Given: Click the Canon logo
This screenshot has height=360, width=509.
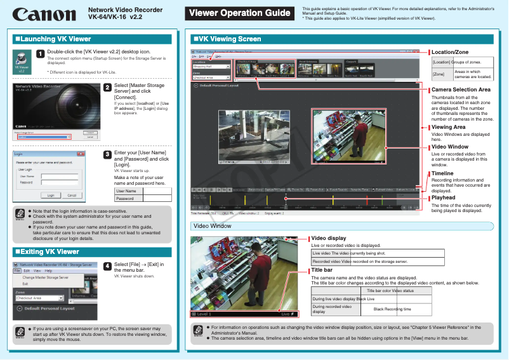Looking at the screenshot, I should [x=43, y=14].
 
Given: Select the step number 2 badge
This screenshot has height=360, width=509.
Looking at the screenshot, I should [x=107, y=88].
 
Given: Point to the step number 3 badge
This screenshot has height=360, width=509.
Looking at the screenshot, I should [x=107, y=154].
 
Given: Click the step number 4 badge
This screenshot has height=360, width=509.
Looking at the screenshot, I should [x=107, y=266].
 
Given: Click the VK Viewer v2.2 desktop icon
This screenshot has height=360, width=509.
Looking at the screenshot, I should [x=22, y=62].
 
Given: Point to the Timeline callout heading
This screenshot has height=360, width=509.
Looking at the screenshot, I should [x=442, y=173].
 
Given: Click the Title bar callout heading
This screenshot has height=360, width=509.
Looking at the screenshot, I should [x=322, y=270].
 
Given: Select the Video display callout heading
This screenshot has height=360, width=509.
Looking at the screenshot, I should [x=328, y=238].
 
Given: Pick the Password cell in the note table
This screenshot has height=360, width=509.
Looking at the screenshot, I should [x=126, y=199].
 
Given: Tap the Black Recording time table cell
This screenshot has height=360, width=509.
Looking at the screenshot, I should [x=392, y=309].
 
